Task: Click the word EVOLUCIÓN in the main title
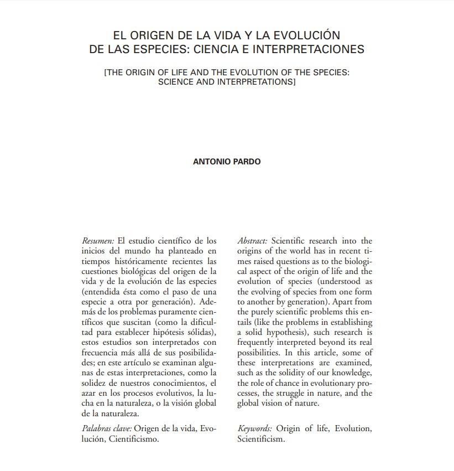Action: (304, 35)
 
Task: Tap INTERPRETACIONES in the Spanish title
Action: (309, 49)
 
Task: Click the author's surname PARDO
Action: (249, 162)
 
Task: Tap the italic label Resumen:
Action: (98, 241)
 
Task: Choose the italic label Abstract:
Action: (253, 241)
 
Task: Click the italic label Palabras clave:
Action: (107, 429)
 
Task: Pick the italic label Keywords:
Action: (255, 429)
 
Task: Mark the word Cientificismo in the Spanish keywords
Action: (134, 439)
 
